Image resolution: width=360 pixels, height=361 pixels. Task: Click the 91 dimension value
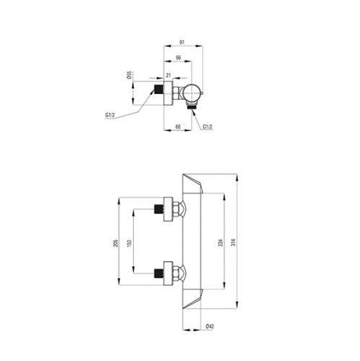181,43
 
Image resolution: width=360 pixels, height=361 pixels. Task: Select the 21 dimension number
168,75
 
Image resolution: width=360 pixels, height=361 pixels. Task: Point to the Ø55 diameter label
129,75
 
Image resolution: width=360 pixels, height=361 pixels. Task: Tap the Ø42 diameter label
210,326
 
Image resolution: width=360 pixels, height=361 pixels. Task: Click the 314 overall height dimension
233,242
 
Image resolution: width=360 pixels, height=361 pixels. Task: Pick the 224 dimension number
220,242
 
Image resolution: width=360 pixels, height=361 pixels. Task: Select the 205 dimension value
116,243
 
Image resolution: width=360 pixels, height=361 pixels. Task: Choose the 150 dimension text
129,243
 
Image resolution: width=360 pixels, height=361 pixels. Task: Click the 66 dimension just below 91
179,58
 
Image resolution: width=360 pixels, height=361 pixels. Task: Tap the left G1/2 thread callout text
110,115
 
